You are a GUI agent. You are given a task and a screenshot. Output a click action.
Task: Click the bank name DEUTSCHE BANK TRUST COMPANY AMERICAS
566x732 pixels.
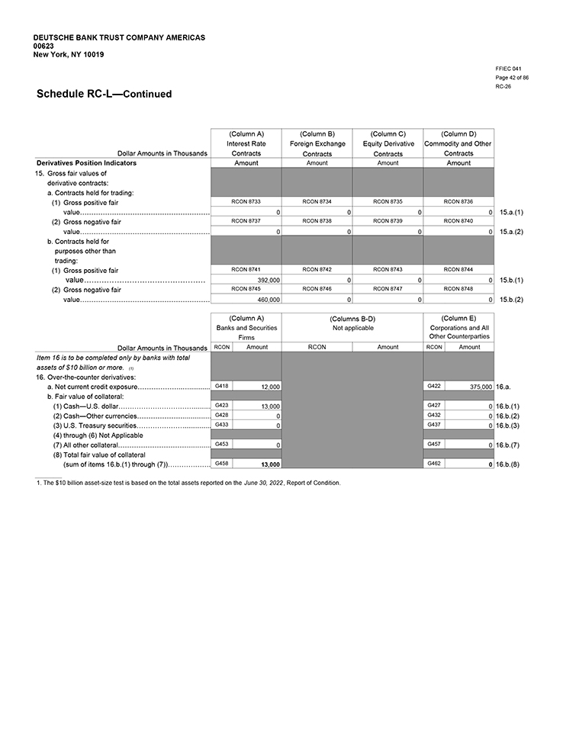[x=119, y=37]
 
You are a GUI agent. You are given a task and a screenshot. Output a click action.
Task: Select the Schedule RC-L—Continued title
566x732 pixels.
[x=104, y=94]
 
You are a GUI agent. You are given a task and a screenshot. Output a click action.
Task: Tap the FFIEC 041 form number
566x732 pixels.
[x=509, y=69]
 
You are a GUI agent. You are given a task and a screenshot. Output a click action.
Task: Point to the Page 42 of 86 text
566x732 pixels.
[x=513, y=78]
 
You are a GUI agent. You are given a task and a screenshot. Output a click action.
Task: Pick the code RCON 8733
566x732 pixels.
[x=246, y=201]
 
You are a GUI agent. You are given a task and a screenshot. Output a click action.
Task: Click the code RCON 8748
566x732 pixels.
[x=458, y=289]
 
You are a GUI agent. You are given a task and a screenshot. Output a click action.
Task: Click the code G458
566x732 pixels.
[x=221, y=463]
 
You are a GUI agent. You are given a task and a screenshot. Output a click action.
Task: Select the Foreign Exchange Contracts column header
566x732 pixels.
[x=317, y=143]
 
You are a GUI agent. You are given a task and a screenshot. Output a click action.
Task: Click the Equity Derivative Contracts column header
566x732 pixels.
[x=388, y=143]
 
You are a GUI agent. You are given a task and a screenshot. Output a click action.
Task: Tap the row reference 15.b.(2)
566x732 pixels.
[x=511, y=300]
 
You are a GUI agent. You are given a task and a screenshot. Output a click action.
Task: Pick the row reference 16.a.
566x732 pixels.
[x=504, y=387]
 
